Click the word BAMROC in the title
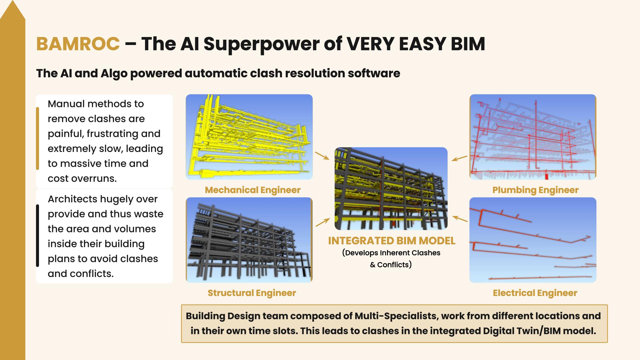(x=78, y=44)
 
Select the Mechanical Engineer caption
(x=253, y=190)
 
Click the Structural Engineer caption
(x=252, y=293)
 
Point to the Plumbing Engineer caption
(x=535, y=190)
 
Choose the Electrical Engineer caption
(x=535, y=293)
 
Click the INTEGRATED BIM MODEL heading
(x=392, y=241)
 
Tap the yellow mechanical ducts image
(x=249, y=137)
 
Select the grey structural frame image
(x=249, y=240)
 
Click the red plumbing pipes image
(x=533, y=137)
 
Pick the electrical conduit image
(x=533, y=240)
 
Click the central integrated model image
(x=391, y=189)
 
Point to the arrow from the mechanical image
(x=322, y=156)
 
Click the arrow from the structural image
(x=323, y=222)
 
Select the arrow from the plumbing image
(x=460, y=158)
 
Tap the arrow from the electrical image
(x=460, y=219)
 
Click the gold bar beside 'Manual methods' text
(x=37, y=138)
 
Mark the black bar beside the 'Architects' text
(x=37, y=236)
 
